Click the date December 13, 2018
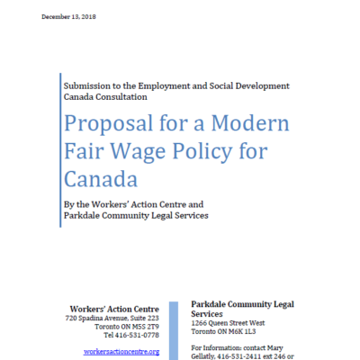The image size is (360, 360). pyautogui.click(x=68, y=19)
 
